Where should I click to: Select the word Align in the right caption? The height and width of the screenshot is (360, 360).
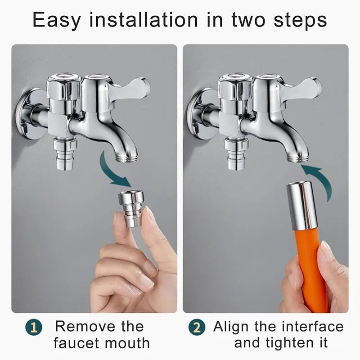232,327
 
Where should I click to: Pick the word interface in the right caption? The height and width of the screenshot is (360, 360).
310,327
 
